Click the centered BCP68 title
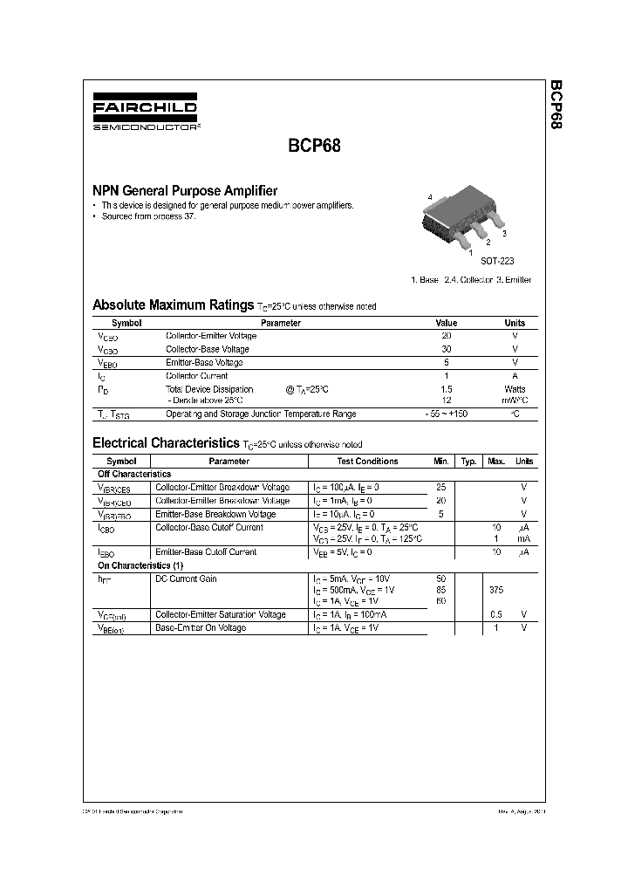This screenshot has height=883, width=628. tap(309, 147)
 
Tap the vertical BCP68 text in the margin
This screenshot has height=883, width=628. tap(556, 106)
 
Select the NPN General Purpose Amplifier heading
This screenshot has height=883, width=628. tap(185, 190)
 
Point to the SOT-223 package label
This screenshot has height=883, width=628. tap(497, 261)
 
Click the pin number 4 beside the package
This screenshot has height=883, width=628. tap(430, 198)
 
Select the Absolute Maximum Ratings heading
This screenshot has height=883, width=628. tap(173, 305)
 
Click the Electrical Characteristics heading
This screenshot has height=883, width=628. tap(166, 443)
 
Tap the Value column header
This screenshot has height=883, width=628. tap(446, 323)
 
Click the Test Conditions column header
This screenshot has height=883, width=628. tap(367, 461)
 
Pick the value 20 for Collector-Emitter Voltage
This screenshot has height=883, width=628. tap(446, 336)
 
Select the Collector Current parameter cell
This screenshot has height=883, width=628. tap(197, 376)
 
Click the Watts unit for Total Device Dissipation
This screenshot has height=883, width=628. tap(515, 389)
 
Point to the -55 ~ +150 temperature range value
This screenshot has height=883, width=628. tap(446, 414)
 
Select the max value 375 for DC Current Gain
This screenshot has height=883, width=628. tap(496, 591)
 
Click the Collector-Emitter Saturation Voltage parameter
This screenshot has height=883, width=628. tap(220, 614)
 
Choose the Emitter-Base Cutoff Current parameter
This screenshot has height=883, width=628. tap(205, 552)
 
